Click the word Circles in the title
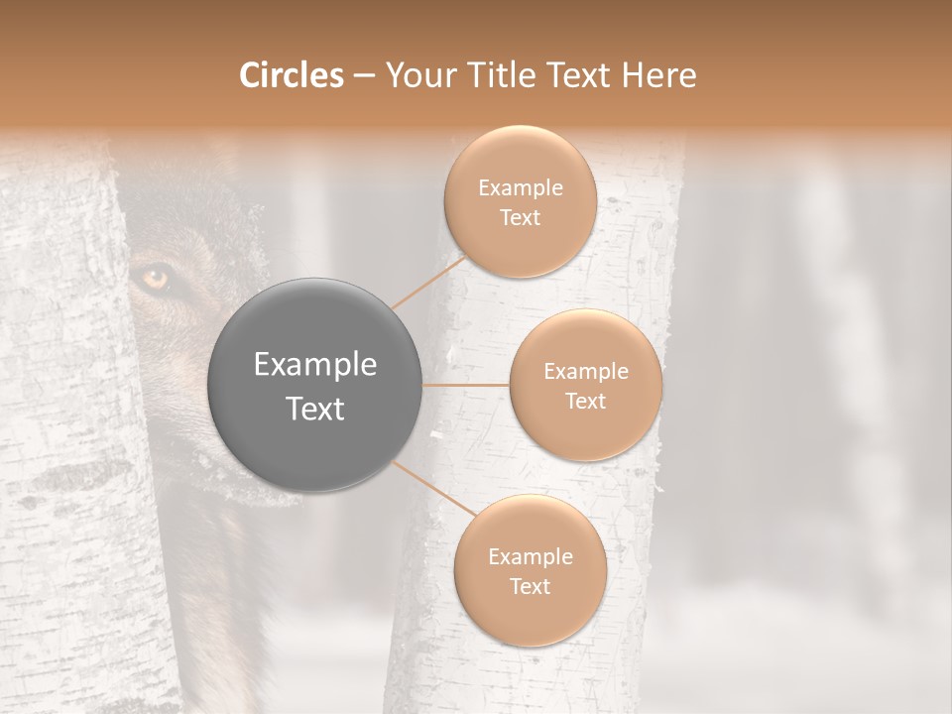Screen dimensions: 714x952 292,75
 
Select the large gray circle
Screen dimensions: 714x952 315,385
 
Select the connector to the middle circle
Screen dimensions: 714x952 465,385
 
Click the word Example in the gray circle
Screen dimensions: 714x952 315,365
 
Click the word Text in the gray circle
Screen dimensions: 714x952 315,408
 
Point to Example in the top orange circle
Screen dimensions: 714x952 520,188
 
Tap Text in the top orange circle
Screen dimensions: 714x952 520,217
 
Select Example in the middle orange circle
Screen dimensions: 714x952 585,372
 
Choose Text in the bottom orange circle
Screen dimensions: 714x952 530,586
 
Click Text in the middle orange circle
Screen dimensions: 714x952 585,401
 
